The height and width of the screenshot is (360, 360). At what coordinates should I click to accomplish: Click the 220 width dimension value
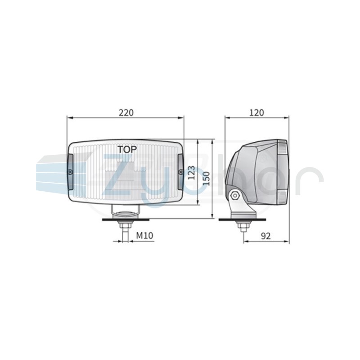tap(126, 113)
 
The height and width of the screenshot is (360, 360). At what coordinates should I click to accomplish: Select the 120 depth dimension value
tap(256, 113)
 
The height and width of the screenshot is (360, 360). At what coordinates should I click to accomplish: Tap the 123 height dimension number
tap(191, 173)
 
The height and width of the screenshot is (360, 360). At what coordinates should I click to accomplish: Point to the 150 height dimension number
tap(207, 179)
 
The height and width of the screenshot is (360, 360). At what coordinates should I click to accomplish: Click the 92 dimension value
tap(265, 236)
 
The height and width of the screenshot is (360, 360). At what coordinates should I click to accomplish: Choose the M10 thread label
tap(144, 235)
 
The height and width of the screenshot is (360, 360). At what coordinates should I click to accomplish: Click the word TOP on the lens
tap(127, 149)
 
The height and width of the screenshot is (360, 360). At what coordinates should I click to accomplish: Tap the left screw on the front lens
tap(70, 171)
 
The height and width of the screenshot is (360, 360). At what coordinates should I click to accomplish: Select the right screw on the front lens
tap(180, 171)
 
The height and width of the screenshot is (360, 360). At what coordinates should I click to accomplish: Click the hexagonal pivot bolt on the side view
tap(235, 195)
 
